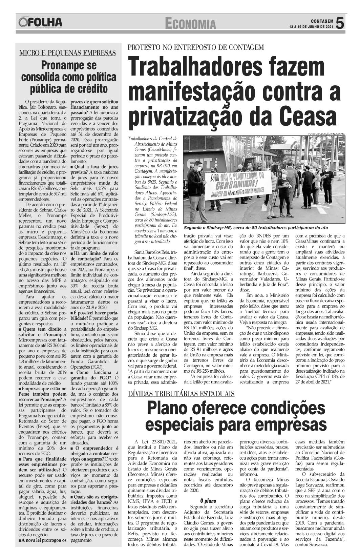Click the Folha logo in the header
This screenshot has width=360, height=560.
coord(41,22)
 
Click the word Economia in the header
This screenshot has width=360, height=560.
coord(191,24)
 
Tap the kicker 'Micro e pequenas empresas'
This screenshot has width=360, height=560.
coord(67,53)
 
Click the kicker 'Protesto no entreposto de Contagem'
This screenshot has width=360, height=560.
coord(195,47)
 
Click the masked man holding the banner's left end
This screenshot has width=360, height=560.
coord(196,183)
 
